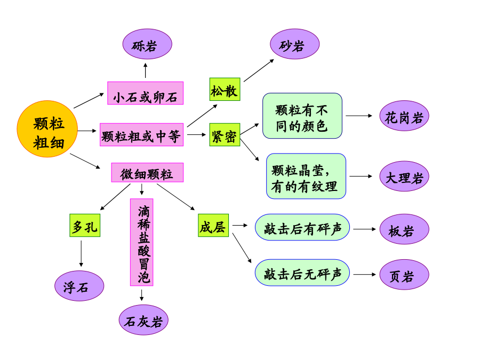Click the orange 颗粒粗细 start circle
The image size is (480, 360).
click(47, 129)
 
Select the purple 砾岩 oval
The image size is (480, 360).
click(147, 44)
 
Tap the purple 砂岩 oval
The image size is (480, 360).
click(294, 44)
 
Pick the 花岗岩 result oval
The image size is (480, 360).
click(404, 116)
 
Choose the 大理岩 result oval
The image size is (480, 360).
click(404, 177)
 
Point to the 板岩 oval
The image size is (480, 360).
click(404, 229)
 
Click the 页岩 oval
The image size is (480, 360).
click(404, 275)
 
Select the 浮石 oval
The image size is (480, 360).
click(79, 286)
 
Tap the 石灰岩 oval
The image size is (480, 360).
click(143, 320)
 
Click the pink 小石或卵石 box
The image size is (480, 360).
click(146, 93)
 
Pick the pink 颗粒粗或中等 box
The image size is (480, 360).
click(142, 135)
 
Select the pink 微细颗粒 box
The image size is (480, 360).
click(147, 173)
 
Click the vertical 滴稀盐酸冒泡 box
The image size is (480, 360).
click(142, 243)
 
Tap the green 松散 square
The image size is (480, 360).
click(225, 90)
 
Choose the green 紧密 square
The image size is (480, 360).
click(225, 135)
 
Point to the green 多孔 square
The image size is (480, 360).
click(85, 225)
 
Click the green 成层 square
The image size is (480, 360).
click(213, 225)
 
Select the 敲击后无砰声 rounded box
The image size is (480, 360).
click(302, 273)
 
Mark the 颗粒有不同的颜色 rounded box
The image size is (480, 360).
click(302, 116)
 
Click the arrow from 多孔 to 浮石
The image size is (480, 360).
click(81, 254)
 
